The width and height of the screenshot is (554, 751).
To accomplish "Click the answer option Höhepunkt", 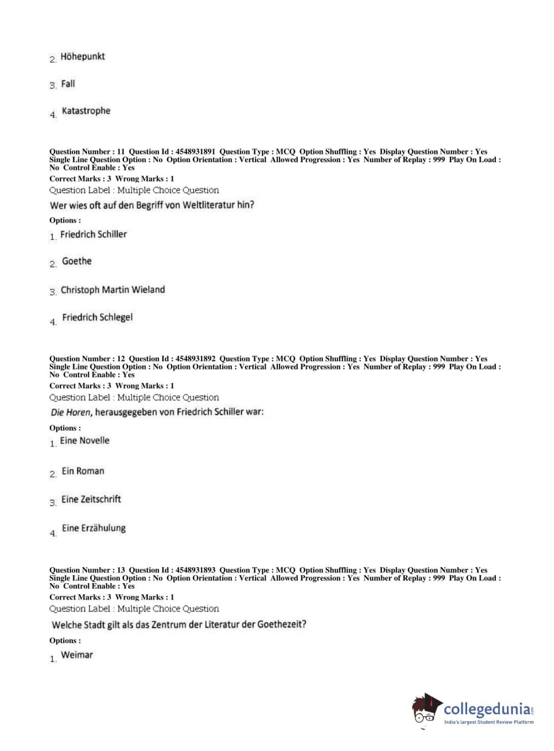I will pyautogui.click(x=82, y=56).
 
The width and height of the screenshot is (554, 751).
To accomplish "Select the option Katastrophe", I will pyautogui.click(x=86, y=111).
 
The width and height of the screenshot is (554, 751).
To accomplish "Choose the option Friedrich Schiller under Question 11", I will pyautogui.click(x=94, y=234).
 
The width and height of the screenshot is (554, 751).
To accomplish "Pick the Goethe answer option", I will pyautogui.click(x=76, y=261).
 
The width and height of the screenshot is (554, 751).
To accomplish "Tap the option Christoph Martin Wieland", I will pyautogui.click(x=112, y=290).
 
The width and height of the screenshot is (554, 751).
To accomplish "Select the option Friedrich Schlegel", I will pyautogui.click(x=97, y=317).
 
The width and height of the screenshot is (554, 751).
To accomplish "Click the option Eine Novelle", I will pyautogui.click(x=85, y=441).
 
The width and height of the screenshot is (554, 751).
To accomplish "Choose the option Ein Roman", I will pyautogui.click(x=83, y=471).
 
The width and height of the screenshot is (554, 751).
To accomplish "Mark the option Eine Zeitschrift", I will pyautogui.click(x=91, y=499).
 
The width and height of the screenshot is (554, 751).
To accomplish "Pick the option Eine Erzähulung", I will pyautogui.click(x=94, y=528).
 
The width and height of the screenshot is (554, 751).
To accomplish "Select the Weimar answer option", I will pyautogui.click(x=77, y=655).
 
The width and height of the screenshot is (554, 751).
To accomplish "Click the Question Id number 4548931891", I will pyautogui.click(x=195, y=152).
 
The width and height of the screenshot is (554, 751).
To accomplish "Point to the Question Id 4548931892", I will pyautogui.click(x=195, y=359).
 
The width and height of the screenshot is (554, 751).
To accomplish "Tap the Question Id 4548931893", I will pyautogui.click(x=195, y=570).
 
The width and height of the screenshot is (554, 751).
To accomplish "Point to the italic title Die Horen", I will pyautogui.click(x=71, y=413).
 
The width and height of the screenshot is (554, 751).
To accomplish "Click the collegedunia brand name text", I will pyautogui.click(x=487, y=709).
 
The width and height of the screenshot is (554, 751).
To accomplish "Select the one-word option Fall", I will pyautogui.click(x=68, y=84).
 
